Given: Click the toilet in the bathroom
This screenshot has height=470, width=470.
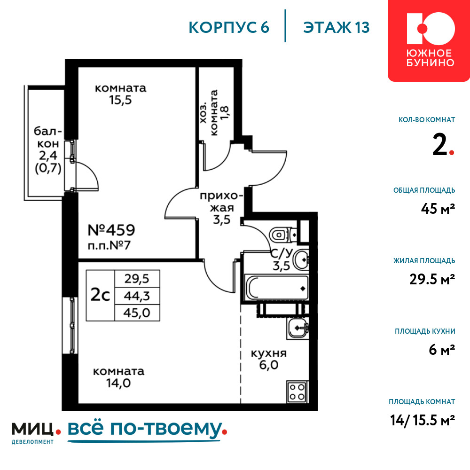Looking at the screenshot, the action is pyautogui.click(x=283, y=235).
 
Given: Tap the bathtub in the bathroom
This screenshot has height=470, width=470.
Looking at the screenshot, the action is pyautogui.click(x=276, y=288).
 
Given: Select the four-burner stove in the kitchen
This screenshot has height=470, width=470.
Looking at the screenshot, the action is pyautogui.click(x=297, y=392).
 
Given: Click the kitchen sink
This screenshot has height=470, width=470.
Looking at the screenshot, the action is pyautogui.click(x=298, y=328).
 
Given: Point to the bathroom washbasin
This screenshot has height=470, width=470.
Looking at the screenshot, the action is pyautogui.click(x=301, y=259).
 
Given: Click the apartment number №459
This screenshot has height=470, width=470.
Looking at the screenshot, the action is pyautogui.click(x=111, y=230).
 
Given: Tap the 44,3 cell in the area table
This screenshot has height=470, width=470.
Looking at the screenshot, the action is pyautogui.click(x=137, y=296).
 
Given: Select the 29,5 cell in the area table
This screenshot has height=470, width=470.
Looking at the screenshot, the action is pyautogui.click(x=137, y=279).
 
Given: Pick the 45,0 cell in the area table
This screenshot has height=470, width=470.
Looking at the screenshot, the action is pyautogui.click(x=137, y=313).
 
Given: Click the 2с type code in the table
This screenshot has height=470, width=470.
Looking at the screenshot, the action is pyautogui.click(x=100, y=296).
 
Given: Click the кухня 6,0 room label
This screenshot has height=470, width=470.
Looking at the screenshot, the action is pyautogui.click(x=268, y=359).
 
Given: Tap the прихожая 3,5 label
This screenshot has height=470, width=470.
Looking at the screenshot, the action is pyautogui.click(x=221, y=208).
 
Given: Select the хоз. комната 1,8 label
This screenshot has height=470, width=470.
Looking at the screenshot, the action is pyautogui.click(x=214, y=112).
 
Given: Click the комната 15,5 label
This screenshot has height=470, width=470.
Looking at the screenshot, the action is pyautogui.click(x=120, y=94).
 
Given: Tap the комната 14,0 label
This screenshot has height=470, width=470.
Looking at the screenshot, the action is pyautogui.click(x=119, y=377).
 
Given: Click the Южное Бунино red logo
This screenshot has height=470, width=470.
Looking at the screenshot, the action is pyautogui.click(x=429, y=40).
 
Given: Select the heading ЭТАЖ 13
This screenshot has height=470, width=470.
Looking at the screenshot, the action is pyautogui.click(x=337, y=27).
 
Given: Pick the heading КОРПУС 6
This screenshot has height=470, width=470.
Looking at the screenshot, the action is pyautogui.click(x=229, y=27).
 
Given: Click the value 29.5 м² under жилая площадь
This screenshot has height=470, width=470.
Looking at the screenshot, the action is pyautogui.click(x=432, y=279).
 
